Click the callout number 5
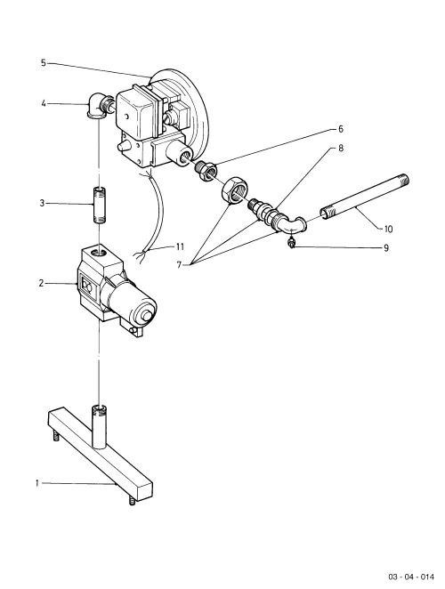click(44, 63)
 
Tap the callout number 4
click(44, 103)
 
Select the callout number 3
click(42, 203)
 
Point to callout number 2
click(41, 283)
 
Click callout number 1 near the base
click(37, 483)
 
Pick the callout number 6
click(341, 129)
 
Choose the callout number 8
click(341, 149)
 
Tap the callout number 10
click(388, 229)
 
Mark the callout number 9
click(385, 248)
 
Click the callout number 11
click(180, 246)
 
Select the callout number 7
click(179, 265)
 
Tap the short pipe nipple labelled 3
click(98, 206)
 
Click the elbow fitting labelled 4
click(98, 106)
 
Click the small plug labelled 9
click(290, 242)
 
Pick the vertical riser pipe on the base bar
click(100, 427)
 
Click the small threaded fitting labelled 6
click(206, 171)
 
